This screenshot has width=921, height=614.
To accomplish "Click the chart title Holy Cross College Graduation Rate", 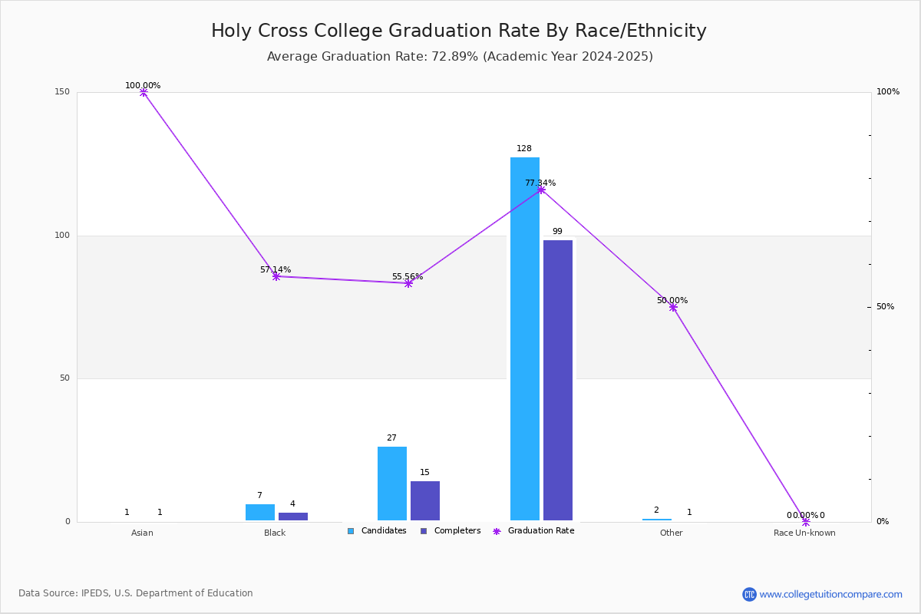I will click(458, 31).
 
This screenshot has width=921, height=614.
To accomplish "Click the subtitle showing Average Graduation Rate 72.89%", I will click(460, 57).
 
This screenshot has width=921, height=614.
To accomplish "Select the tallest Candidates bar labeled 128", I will click(524, 338).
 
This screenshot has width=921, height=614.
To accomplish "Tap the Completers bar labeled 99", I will click(557, 380).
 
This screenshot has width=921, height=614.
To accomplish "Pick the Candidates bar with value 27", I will click(391, 484).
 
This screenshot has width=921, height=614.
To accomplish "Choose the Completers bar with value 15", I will click(424, 500).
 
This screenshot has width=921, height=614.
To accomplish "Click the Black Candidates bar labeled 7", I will click(259, 512).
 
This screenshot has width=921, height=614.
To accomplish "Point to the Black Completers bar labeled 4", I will click(292, 517).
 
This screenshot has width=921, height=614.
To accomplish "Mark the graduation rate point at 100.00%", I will click(144, 92).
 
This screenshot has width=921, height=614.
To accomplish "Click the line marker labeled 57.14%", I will click(276, 276).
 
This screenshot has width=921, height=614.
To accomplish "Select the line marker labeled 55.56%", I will click(408, 283).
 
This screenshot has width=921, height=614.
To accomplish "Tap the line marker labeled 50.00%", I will click(673, 307).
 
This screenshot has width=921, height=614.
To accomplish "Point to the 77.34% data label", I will click(540, 183).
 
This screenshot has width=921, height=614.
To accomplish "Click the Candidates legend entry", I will click(377, 531).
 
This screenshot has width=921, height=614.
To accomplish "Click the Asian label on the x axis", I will click(142, 533).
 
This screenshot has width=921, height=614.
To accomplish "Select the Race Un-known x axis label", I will click(804, 533).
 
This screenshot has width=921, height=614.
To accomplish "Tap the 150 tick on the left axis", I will click(62, 92).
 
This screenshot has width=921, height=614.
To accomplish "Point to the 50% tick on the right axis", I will click(885, 307).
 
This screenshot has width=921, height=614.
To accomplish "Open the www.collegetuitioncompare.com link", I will click(830, 594).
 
